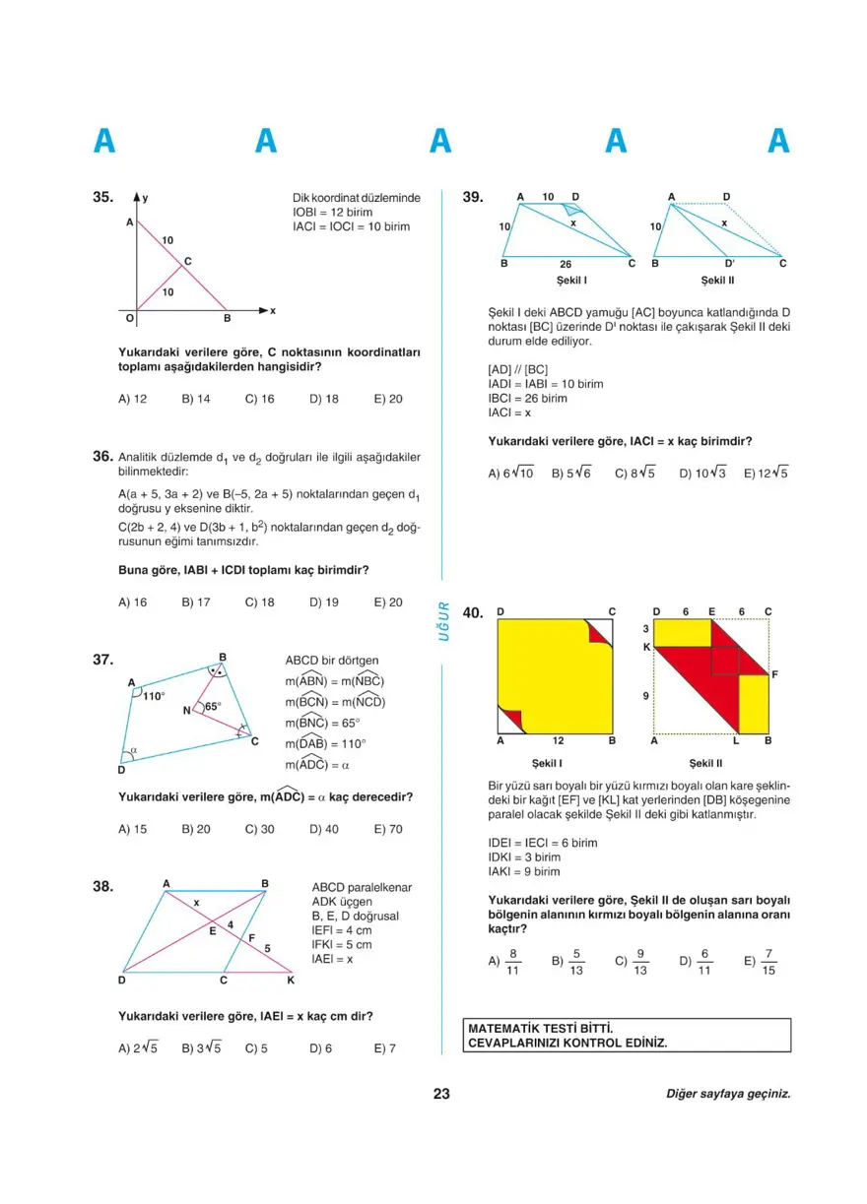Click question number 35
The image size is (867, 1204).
103,197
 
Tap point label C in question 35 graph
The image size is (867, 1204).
187,261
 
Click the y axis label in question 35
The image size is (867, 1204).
146,198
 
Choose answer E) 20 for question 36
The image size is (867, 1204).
388,602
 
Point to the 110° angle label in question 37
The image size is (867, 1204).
154,696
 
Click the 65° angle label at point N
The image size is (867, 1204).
213,706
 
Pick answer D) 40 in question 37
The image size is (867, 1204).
324,829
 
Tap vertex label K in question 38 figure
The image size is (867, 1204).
291,981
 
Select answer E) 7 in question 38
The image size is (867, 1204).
385,1048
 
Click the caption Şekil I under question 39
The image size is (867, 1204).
571,280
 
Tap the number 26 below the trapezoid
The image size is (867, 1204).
565,264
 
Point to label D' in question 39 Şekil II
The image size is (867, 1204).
729,264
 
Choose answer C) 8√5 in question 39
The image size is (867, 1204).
636,473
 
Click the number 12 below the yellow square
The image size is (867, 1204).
557,740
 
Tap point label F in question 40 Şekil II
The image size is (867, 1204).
775,674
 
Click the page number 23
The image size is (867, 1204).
440,1093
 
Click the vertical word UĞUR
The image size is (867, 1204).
444,620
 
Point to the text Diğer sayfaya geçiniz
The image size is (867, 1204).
728,1094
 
